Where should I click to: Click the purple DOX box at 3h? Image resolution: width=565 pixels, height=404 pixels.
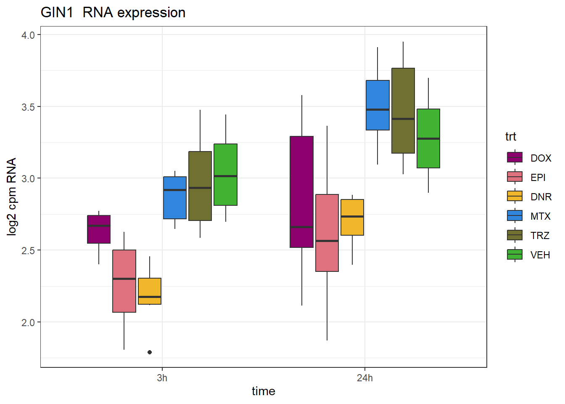click(99, 229)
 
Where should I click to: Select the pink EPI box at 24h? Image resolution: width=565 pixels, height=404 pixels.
click(327, 233)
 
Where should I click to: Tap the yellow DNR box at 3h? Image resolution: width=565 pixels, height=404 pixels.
click(150, 291)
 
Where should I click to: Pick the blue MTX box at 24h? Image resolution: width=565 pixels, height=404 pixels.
click(378, 105)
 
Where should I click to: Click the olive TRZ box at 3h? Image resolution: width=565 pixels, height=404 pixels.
click(200, 186)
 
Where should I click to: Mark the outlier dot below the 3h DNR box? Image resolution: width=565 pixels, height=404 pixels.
click(150, 352)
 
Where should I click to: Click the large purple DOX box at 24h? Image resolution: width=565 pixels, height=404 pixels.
click(301, 191)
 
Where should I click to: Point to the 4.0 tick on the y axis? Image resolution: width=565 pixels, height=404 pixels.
click(28, 35)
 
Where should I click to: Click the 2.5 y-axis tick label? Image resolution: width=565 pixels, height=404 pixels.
click(28, 250)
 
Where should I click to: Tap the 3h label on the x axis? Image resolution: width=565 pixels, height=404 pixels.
click(162, 378)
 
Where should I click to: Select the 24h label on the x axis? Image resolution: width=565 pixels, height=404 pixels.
click(365, 378)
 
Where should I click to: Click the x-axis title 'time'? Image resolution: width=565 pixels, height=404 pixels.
click(264, 391)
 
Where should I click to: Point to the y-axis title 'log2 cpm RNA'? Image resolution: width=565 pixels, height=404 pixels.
click(12, 197)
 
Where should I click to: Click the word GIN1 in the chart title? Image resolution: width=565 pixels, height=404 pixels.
click(57, 13)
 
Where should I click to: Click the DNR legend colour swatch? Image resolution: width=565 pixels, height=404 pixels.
click(515, 197)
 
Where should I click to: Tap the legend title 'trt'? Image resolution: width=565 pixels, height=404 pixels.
click(511, 137)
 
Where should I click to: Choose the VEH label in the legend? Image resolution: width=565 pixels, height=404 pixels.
click(540, 255)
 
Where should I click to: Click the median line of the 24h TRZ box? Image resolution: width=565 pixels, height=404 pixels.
click(403, 119)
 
